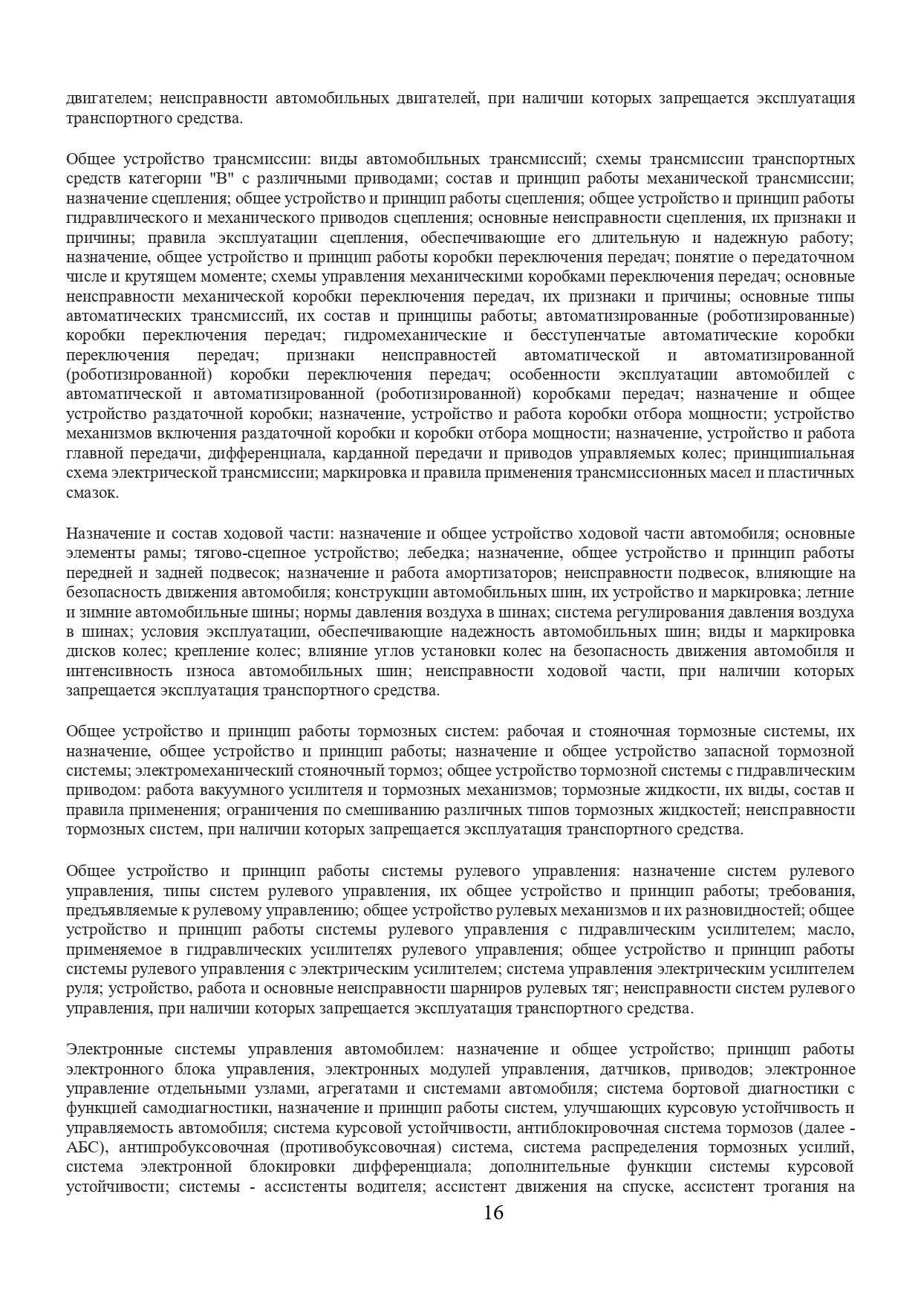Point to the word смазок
click(x=91, y=493)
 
